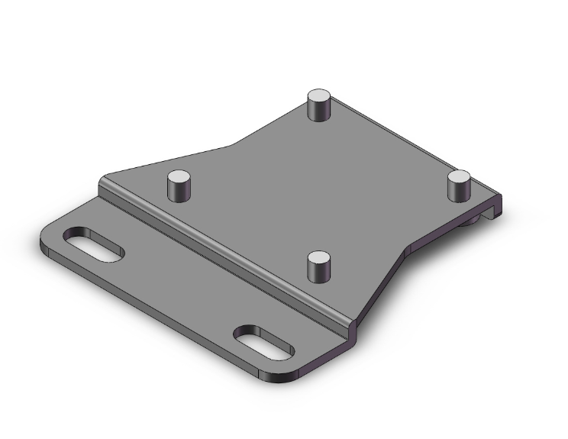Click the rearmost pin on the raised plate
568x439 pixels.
[319, 105]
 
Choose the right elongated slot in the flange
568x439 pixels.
[263, 342]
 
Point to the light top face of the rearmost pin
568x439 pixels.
[319, 96]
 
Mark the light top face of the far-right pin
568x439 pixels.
[460, 177]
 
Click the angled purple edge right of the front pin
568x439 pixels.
[382, 282]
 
